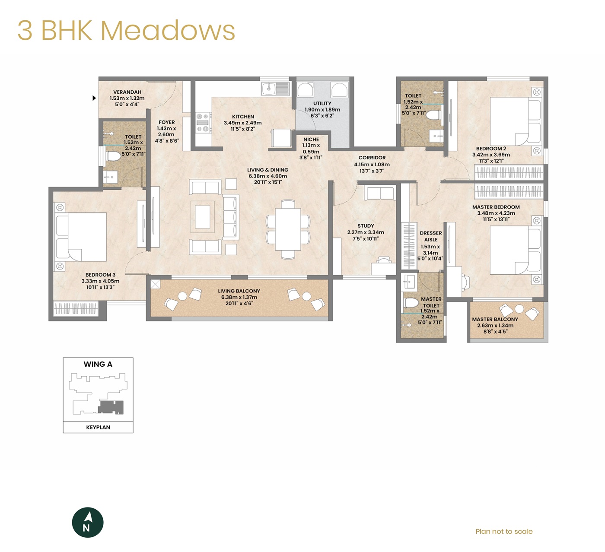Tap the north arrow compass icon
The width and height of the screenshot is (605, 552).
87,522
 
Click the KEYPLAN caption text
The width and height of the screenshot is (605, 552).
98,427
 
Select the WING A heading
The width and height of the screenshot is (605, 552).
98,364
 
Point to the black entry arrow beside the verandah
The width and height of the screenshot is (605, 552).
94,98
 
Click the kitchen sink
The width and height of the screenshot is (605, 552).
275,89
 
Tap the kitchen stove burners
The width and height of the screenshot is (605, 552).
203,123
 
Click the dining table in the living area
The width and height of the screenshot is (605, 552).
288,229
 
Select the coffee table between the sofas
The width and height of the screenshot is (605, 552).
202,217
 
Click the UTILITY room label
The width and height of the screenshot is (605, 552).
322,103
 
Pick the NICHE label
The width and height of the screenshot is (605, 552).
311,139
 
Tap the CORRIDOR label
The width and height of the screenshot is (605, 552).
372,158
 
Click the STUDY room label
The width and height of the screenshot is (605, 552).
366,226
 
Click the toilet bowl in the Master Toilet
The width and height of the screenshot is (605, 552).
411,302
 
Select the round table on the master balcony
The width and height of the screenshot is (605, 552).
519,309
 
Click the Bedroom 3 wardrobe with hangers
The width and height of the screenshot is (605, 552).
76,309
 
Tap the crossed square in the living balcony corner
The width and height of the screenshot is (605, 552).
155,284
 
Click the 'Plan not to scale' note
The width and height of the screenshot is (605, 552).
504,531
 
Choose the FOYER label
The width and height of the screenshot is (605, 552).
166,122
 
